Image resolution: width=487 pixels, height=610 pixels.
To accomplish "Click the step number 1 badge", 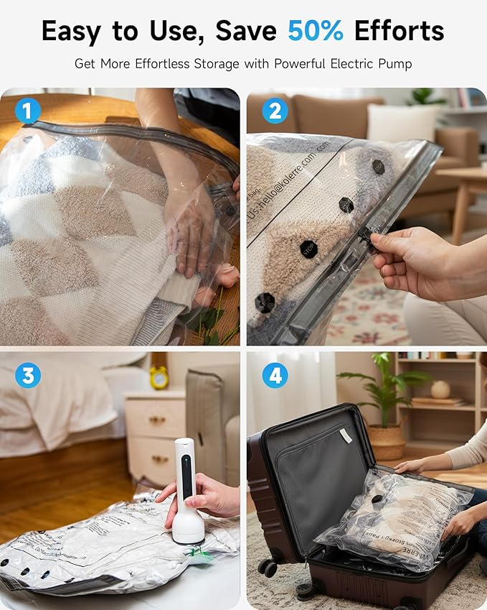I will click(27, 111).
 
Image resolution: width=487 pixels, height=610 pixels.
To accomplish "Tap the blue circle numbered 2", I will click(274, 111).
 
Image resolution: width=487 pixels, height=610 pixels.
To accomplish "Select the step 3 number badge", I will click(27, 375).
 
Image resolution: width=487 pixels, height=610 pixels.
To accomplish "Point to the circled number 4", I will click(274, 375).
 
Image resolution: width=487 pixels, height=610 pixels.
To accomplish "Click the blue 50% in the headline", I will click(315, 31).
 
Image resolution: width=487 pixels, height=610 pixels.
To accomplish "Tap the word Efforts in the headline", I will click(399, 31).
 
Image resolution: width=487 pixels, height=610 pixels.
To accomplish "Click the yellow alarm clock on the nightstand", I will click(159, 376).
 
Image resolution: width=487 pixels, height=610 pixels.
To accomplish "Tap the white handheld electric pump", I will click(186, 489).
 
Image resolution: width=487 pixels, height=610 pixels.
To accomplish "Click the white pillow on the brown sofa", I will click(402, 124).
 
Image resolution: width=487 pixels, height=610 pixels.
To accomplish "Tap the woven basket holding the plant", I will click(387, 440).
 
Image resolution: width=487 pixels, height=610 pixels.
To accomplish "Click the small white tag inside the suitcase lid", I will click(346, 435).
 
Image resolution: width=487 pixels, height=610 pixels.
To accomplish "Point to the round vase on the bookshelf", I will click(440, 389).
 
